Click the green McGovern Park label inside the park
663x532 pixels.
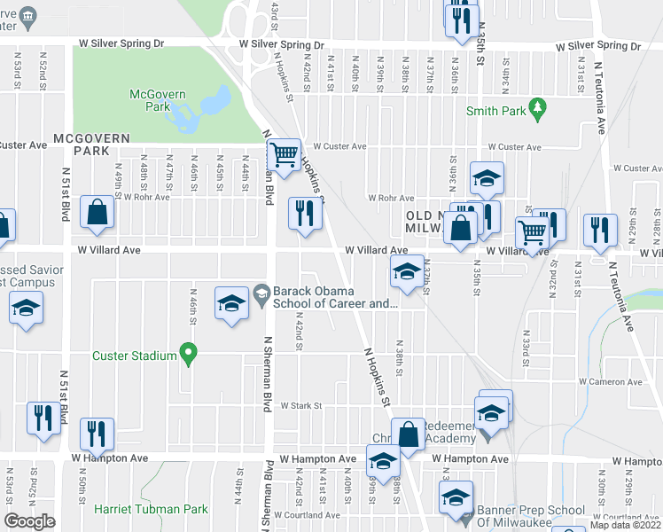pos(150,100)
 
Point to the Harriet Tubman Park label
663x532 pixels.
pos(151,509)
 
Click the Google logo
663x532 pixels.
pos(30,521)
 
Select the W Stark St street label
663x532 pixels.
pos(299,405)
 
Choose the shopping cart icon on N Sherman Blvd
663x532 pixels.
pos(284,155)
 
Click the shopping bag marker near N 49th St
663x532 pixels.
pos(96,213)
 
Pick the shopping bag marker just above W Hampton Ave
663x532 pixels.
pos(408,435)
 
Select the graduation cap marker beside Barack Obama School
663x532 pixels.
pos(230,303)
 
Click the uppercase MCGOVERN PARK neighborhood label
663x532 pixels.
pos(91,145)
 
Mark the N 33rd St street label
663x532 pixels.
pos(525,346)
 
